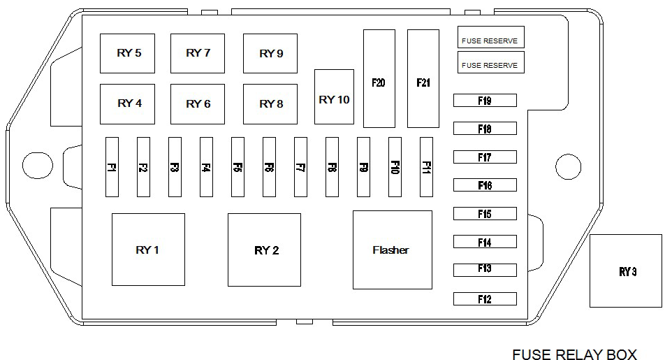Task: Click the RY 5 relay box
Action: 127,53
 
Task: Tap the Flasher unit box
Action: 392,250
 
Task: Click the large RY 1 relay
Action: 148,250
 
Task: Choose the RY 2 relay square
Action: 264,250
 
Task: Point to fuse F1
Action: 112,167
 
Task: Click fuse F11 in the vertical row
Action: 426,167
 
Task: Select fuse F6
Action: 269,167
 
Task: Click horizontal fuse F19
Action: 485,101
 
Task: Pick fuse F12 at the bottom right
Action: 485,299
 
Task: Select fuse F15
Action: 485,214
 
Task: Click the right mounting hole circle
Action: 568,166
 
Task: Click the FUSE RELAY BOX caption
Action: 574,354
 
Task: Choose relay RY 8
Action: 270,104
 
